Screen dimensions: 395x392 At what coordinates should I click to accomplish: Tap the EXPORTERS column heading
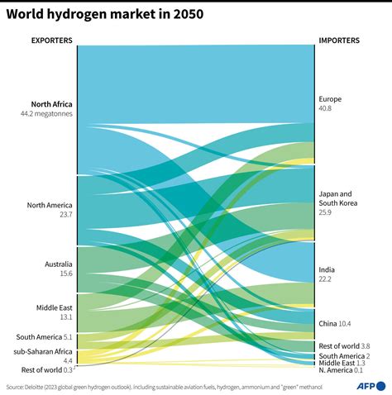51,40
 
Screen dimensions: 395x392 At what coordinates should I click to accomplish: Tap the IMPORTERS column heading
339,40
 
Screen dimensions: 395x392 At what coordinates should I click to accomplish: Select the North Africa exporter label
52,104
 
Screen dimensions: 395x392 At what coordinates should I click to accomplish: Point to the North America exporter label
50,205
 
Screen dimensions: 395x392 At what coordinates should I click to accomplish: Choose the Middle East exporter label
55,307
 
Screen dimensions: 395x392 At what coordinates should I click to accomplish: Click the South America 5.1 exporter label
45,336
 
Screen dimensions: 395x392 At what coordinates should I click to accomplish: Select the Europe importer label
330,99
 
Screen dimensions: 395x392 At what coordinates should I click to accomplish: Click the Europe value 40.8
326,108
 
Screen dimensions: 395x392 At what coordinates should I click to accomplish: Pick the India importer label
327,270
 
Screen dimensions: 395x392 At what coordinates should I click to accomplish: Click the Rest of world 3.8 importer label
344,345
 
